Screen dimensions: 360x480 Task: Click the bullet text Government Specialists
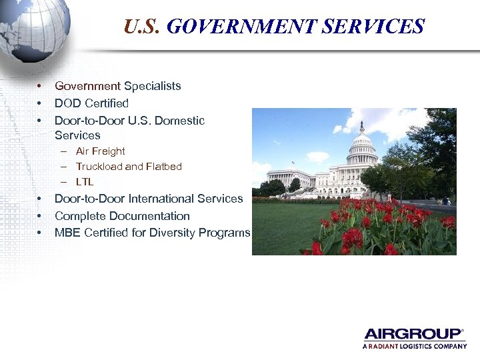117,86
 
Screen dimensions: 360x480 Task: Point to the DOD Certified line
91,103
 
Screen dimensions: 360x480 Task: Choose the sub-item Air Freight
100,151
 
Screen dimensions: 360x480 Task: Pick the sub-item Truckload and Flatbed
129,167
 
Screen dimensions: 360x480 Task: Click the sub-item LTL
85,181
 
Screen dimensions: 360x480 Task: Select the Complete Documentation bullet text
122,216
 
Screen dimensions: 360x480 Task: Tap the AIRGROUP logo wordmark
413,334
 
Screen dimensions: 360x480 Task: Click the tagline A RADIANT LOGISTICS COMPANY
414,347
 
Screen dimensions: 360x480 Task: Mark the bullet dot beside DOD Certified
40,103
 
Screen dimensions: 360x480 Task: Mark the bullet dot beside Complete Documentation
40,216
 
